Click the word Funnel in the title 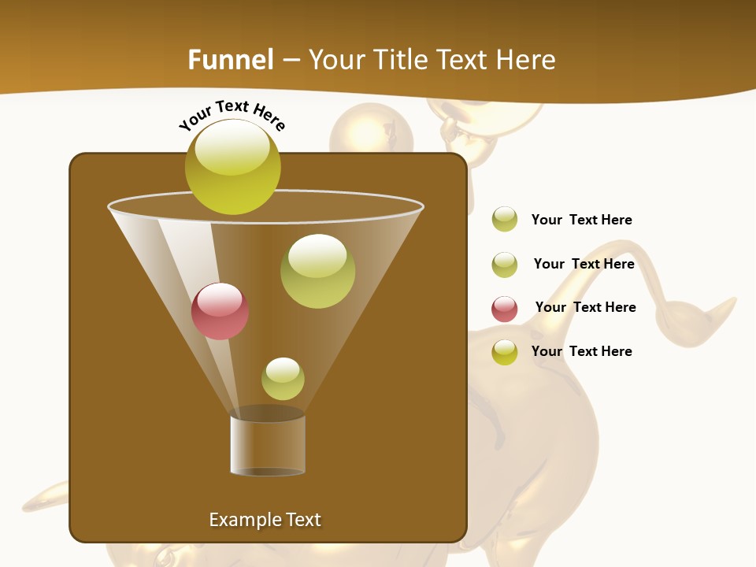230,60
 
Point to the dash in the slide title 290,60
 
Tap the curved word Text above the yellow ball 232,106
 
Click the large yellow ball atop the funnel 233,166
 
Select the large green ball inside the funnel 317,271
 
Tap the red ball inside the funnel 220,311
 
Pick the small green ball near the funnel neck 283,379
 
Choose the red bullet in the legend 505,309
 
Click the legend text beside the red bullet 585,307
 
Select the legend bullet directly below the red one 505,352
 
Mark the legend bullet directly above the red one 505,265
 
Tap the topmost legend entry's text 581,220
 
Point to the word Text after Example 304,520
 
